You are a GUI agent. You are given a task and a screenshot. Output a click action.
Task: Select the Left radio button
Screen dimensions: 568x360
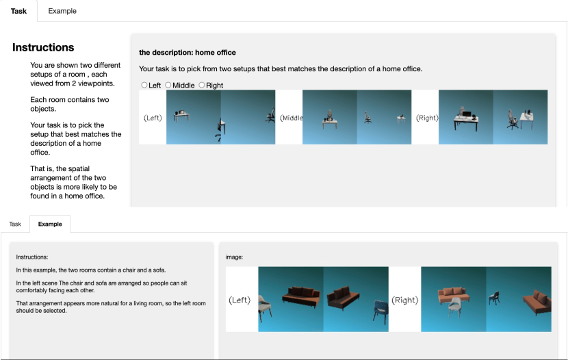click(144, 85)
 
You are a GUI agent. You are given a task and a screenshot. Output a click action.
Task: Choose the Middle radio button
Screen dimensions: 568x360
click(168, 85)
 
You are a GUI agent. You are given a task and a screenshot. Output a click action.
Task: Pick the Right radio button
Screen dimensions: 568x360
click(202, 85)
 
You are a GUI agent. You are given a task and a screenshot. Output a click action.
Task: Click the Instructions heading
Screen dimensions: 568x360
click(43, 47)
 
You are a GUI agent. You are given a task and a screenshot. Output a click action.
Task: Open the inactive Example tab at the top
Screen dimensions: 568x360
click(62, 11)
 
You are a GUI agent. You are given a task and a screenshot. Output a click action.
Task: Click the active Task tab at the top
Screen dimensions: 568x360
click(18, 11)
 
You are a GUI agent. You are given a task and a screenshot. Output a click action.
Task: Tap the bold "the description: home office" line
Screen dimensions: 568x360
click(188, 53)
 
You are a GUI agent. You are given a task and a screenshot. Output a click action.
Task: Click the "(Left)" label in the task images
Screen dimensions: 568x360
click(153, 118)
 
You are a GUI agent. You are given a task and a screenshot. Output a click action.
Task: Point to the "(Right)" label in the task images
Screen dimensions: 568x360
click(427, 118)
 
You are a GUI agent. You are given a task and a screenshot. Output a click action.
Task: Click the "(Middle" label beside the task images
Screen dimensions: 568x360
click(292, 118)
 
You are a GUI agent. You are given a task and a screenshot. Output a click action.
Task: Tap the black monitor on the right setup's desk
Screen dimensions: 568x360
click(467, 114)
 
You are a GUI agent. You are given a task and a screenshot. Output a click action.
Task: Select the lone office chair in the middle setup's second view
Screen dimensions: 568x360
click(367, 118)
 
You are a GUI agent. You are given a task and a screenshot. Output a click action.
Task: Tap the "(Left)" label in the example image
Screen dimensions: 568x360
click(240, 300)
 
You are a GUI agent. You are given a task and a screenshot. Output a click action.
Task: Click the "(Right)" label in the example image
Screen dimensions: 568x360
click(405, 300)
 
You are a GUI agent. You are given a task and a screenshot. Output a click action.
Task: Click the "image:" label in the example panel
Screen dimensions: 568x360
click(234, 257)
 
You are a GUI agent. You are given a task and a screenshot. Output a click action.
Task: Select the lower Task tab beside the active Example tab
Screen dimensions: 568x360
click(15, 224)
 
